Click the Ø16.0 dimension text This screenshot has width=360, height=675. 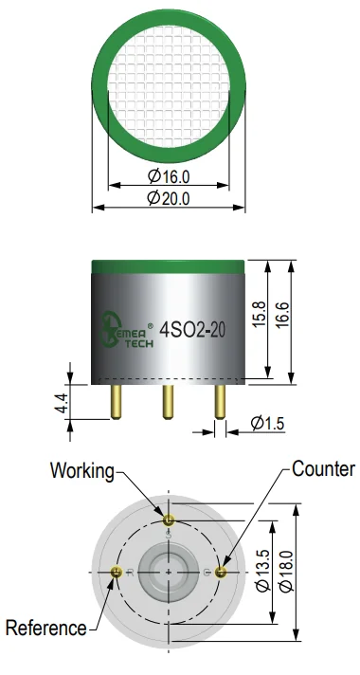coord(169,175)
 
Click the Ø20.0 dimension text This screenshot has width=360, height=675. coord(169,198)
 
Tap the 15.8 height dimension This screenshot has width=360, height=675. coord(260,314)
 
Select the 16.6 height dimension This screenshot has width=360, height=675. coord(283,316)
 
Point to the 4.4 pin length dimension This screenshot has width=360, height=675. coord(62,403)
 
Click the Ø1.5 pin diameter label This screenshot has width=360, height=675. coord(267,424)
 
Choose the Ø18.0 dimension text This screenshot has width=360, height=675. coord(286,571)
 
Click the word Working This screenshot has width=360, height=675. coord(82,471)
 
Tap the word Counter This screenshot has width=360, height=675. coord(323,468)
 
